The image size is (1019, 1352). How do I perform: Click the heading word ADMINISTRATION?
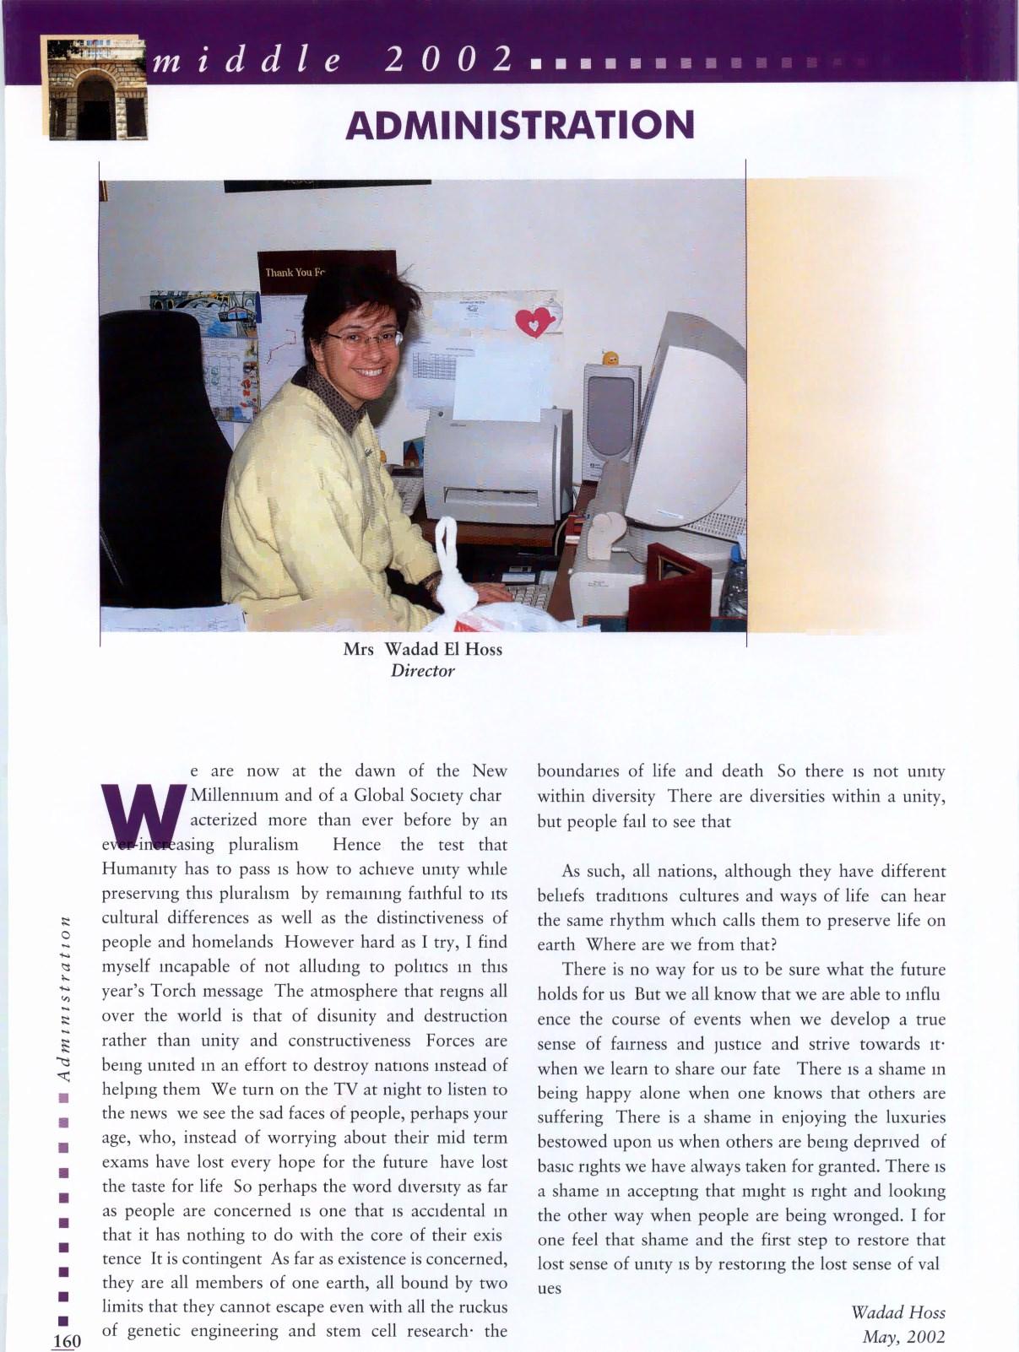(x=519, y=125)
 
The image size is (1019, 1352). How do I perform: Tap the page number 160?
(x=67, y=1341)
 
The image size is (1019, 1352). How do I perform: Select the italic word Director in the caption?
(x=422, y=671)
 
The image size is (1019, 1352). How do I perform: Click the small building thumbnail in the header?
(x=95, y=89)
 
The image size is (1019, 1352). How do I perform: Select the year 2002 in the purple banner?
(x=448, y=59)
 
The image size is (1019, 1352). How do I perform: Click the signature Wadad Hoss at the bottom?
(x=897, y=1312)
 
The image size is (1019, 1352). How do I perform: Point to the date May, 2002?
(x=902, y=1337)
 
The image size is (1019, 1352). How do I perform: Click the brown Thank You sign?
(x=295, y=271)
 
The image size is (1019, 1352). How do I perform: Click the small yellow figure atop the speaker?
(x=610, y=358)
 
